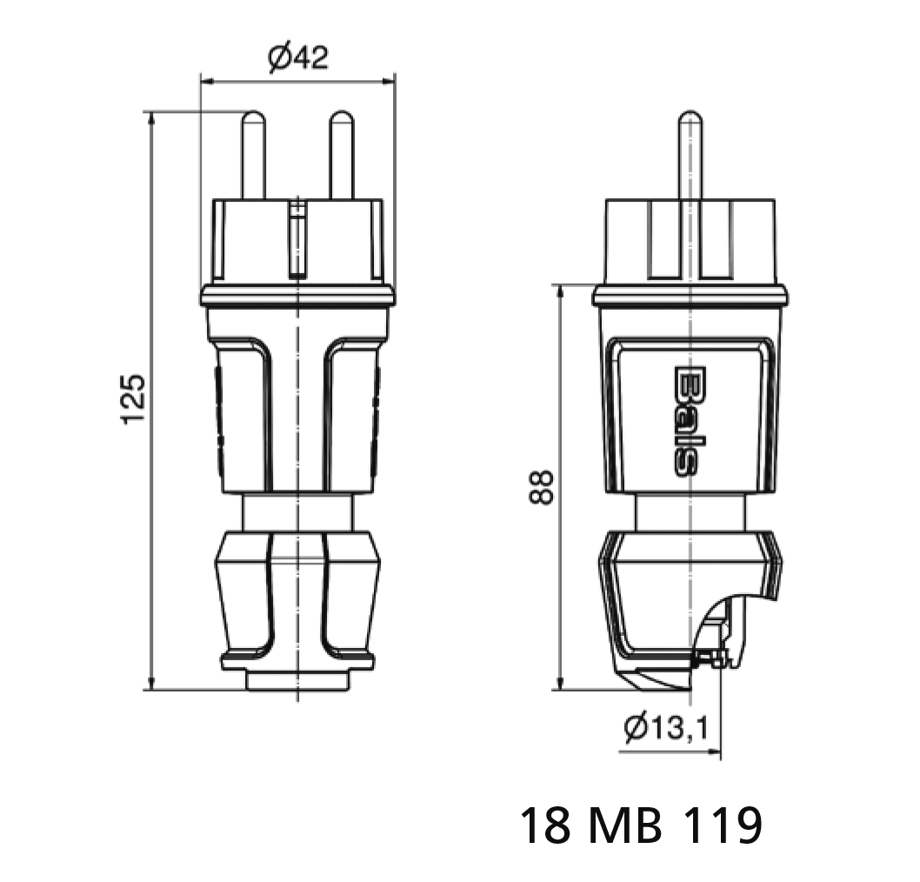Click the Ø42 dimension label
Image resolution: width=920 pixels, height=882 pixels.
(298, 57)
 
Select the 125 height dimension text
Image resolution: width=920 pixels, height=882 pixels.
(133, 398)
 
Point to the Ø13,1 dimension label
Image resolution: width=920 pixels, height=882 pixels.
(666, 728)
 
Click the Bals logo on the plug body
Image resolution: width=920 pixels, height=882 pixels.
(684, 421)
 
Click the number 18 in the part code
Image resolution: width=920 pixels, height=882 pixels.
(545, 825)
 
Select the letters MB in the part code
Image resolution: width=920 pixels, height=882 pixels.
(625, 825)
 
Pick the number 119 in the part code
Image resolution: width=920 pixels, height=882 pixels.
(723, 825)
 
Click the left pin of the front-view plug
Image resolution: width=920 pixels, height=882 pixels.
(253, 155)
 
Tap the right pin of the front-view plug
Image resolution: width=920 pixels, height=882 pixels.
(342, 155)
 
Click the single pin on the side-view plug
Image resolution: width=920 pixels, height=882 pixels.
(690, 155)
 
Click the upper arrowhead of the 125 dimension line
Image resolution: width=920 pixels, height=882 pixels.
(151, 118)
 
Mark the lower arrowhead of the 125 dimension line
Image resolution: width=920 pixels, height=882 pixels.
(151, 683)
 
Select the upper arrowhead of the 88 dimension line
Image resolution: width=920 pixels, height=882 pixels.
(561, 292)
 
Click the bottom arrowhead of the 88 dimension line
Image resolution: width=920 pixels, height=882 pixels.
(561, 683)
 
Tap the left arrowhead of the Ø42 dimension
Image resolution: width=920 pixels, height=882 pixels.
(208, 82)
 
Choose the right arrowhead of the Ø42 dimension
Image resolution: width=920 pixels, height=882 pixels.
(388, 82)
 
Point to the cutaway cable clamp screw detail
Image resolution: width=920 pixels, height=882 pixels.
(712, 658)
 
